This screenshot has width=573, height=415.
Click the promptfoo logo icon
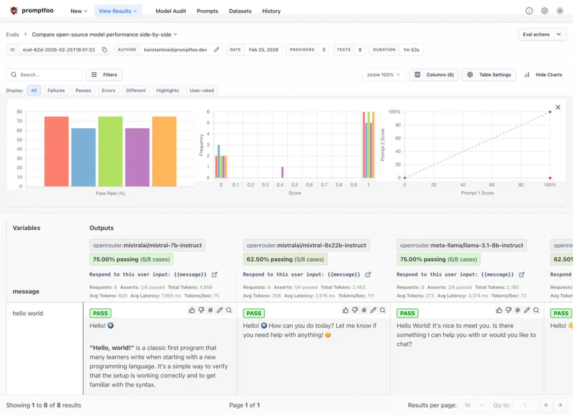coord(14,11)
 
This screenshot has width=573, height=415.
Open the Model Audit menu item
coord(171,11)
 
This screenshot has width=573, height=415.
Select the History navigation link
coord(271,11)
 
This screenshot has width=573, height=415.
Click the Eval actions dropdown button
coord(542,34)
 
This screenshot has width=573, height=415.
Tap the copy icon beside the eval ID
coord(104,50)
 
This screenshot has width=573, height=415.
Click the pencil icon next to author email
coord(217,50)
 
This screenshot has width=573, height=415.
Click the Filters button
coord(104,75)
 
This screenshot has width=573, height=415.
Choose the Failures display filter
coord(56,91)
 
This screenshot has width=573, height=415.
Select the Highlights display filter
coord(167,91)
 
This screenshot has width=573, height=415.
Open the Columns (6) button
coord(434,75)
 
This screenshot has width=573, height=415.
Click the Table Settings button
coord(489,75)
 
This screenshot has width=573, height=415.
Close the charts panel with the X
coord(558,107)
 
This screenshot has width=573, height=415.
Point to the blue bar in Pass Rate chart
coord(83,157)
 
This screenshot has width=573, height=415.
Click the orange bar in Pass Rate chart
coord(164,152)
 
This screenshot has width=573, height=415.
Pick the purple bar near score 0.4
coord(282,172)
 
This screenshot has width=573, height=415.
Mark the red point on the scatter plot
coord(550,178)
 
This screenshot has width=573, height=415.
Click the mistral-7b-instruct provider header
coord(147,245)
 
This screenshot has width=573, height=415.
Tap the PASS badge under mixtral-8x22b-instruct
coord(254,313)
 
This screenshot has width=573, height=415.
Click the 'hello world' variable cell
coord(28,313)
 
